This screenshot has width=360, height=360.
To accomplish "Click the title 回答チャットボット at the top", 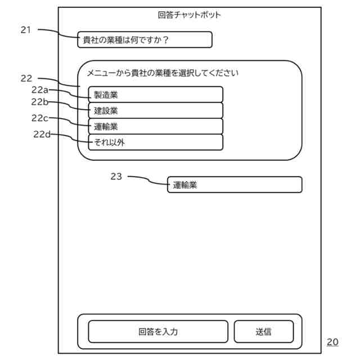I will click(x=190, y=15).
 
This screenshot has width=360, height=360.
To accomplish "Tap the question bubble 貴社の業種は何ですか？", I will click(x=145, y=40).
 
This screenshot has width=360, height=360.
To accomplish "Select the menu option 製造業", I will click(x=155, y=94).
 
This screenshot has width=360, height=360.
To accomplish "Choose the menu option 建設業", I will click(x=155, y=110).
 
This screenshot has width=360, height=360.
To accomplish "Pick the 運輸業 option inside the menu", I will click(x=155, y=126).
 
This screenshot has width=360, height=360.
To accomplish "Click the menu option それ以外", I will click(x=155, y=142).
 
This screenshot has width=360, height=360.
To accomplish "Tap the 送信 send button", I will click(x=263, y=331).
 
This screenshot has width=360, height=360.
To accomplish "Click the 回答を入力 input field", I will click(x=158, y=331).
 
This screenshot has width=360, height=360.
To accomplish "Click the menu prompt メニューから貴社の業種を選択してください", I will click(x=163, y=73).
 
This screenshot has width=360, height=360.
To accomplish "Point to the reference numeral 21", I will click(x=26, y=30).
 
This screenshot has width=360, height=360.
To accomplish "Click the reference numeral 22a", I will click(x=40, y=90).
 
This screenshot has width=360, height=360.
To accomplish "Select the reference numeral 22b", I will click(x=40, y=102).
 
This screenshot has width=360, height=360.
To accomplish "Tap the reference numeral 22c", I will click(x=40, y=118).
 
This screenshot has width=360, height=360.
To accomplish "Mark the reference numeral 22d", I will click(x=42, y=134).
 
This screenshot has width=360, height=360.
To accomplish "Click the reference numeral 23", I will click(x=116, y=177).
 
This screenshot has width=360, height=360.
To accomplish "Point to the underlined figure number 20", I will click(x=332, y=341).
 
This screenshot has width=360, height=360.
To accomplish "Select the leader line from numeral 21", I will click(x=59, y=33).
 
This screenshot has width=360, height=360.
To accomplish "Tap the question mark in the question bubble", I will click(x=165, y=40).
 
